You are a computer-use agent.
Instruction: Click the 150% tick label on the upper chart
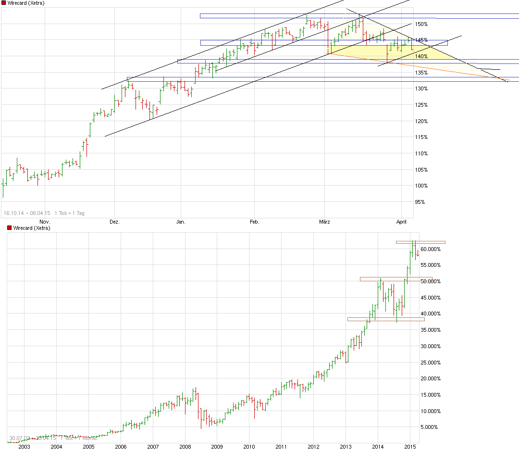(421, 24)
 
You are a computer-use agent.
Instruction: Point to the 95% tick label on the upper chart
(420, 202)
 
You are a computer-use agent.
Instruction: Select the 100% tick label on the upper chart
(421, 186)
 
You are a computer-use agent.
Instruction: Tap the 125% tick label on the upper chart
(421, 105)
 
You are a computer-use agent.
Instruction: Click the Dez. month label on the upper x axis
(114, 222)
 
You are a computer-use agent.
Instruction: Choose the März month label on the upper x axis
(324, 222)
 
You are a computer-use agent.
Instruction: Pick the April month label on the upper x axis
(402, 222)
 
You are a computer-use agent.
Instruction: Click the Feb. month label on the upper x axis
(254, 222)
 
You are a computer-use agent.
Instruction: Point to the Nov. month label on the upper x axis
(45, 222)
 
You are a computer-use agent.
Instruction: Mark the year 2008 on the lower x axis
(185, 447)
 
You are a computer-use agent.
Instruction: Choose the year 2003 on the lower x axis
(24, 447)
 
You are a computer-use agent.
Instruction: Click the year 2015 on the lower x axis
(410, 447)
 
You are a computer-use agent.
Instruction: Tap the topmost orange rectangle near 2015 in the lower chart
(420, 242)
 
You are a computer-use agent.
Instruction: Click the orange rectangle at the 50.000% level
(396, 279)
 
